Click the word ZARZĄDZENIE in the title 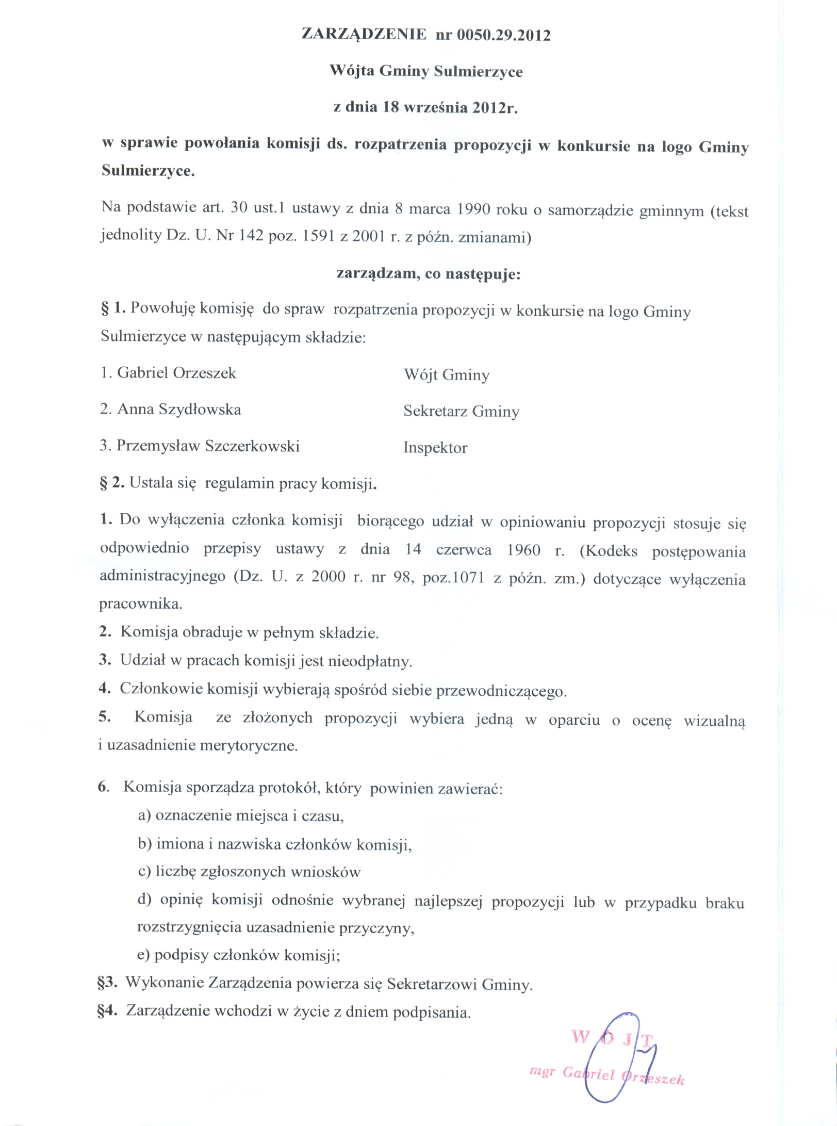(364, 35)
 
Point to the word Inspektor (435, 447)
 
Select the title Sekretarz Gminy (461, 411)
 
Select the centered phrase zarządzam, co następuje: (429, 273)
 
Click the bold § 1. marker (113, 308)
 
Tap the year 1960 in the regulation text (523, 550)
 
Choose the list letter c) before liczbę (144, 871)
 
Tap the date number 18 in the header (391, 107)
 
